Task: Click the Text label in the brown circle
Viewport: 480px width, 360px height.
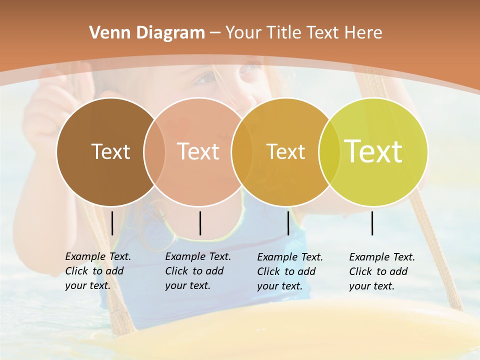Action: click(x=110, y=151)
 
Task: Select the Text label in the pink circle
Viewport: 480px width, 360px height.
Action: click(x=198, y=151)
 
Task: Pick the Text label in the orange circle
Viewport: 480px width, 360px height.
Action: click(x=285, y=151)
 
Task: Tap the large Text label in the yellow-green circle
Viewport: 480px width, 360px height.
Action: click(x=373, y=151)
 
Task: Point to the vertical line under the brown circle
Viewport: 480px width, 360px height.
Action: click(x=112, y=223)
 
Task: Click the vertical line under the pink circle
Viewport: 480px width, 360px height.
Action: click(x=200, y=223)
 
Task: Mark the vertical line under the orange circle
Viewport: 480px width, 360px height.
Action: click(x=288, y=223)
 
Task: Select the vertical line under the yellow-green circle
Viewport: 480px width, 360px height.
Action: click(x=372, y=223)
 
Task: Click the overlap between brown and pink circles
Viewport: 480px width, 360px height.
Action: click(x=154, y=152)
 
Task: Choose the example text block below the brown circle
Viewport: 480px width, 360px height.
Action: click(x=98, y=271)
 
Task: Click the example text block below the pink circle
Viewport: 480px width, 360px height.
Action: click(x=198, y=271)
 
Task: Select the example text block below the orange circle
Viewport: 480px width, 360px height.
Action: click(x=290, y=271)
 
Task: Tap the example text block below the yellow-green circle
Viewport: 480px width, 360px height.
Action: click(x=382, y=271)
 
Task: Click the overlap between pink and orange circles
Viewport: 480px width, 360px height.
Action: click(x=241, y=152)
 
